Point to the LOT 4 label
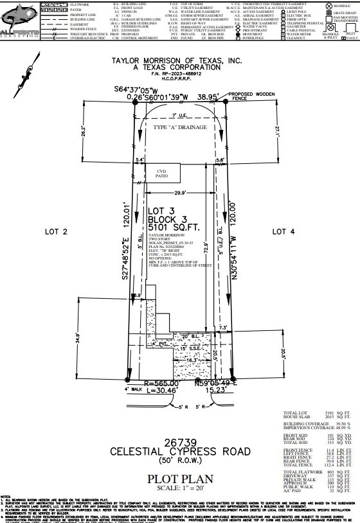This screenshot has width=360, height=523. pos(283,231)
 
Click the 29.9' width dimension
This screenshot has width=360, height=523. pos(181,192)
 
